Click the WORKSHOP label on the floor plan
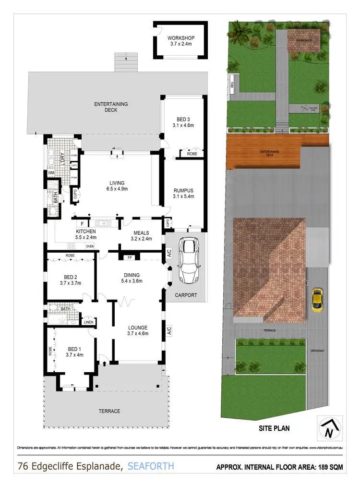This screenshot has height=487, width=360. tap(181, 38)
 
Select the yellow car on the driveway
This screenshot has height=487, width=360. tap(317, 300)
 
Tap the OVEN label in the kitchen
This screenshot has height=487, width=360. tap(90, 246)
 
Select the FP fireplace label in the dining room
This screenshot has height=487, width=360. tap(130, 257)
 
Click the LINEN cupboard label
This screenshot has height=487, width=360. tap(88, 322)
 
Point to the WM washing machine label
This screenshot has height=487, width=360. tap(51, 173)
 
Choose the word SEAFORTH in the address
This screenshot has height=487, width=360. tap(151, 466)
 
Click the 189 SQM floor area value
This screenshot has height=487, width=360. tap(327, 466)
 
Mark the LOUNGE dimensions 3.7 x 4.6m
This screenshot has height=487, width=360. tap(138, 333)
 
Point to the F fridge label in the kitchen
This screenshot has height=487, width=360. tap(82, 223)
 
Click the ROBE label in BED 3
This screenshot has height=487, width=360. tap(192, 154)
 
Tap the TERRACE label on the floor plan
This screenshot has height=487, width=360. tap(110, 411)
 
